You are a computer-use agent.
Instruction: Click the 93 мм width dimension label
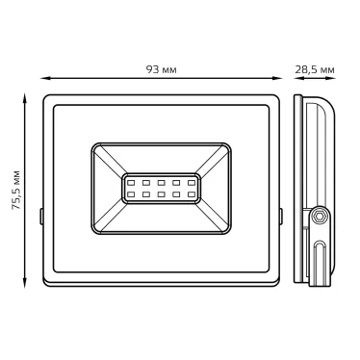coord(162,70)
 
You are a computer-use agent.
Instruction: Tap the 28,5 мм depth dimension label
coord(315,70)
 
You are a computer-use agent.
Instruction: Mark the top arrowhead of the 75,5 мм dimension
coord(26,96)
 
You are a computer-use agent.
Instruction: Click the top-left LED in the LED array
coord(131,181)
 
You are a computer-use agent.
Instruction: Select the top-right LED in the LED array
coord(192,181)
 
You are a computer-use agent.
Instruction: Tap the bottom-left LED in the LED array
coord(131,194)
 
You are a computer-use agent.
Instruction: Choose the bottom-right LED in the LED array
coord(192,194)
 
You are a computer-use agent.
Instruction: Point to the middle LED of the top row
coord(162,181)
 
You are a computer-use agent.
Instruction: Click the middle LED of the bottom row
coord(162,194)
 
